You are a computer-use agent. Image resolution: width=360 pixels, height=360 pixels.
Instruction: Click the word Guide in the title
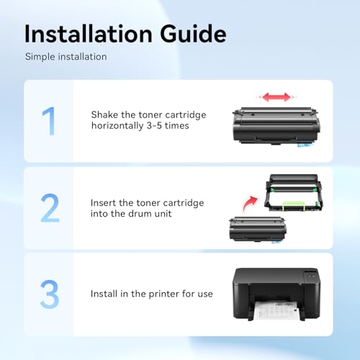click(x=193, y=34)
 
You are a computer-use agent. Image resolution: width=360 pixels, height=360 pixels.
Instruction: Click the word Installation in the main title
click(x=89, y=34)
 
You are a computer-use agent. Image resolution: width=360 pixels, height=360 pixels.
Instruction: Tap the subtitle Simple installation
click(x=66, y=57)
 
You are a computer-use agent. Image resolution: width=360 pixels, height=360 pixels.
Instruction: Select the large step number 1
click(x=49, y=121)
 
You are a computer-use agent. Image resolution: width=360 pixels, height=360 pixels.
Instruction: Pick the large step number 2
click(x=50, y=208)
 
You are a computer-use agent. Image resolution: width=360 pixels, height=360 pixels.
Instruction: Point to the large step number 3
click(x=50, y=294)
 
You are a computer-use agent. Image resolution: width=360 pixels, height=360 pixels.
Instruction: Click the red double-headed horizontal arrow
click(x=276, y=97)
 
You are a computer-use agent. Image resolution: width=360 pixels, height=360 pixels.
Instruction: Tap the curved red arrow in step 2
click(x=250, y=204)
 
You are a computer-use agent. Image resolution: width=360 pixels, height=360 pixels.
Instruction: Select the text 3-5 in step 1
click(x=154, y=125)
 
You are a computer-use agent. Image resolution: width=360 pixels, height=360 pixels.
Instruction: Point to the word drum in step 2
click(x=140, y=213)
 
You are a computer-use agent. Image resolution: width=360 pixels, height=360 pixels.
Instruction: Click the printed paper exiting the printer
click(x=276, y=310)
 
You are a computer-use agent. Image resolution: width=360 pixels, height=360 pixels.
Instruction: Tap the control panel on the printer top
click(x=311, y=274)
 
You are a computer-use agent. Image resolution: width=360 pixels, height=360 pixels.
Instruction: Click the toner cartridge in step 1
click(x=276, y=127)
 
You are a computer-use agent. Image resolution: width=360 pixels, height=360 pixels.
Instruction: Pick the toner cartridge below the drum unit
click(x=257, y=230)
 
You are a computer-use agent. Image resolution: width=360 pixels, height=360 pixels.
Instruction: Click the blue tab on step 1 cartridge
click(x=304, y=145)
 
